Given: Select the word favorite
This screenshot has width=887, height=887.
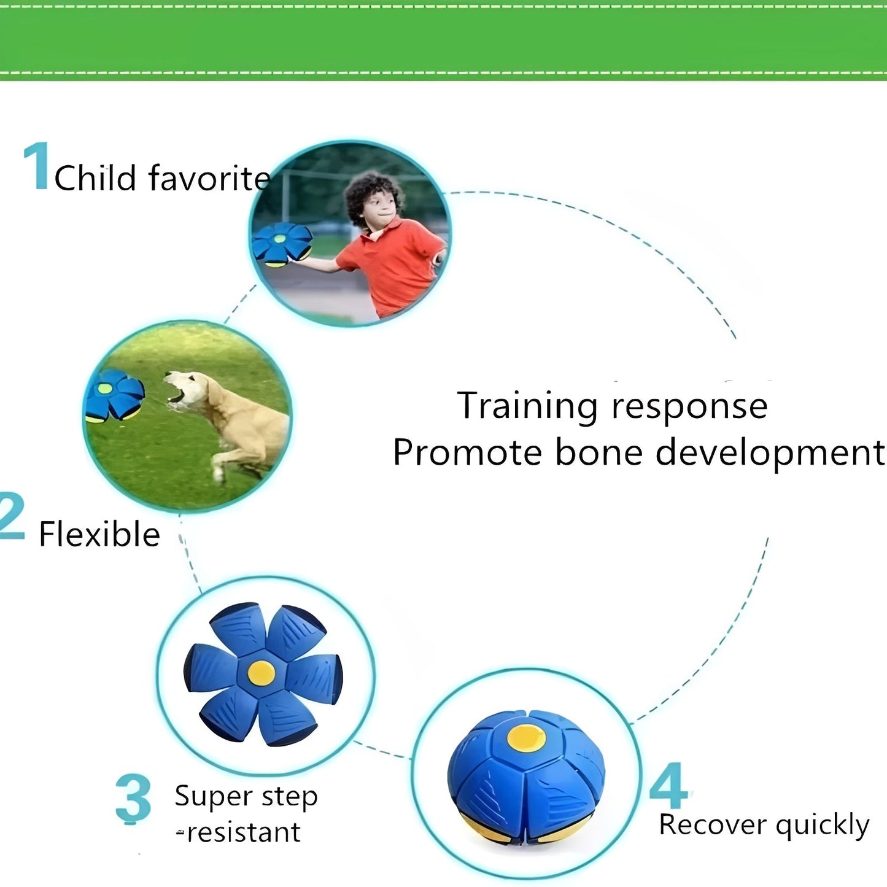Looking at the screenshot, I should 209,178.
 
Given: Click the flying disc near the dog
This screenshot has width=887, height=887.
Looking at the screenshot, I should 114,395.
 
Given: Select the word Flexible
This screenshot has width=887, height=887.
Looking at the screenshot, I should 99,533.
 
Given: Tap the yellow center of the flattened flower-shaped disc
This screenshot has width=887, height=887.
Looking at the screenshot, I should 261,673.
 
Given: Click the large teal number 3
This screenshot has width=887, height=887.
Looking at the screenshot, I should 133,798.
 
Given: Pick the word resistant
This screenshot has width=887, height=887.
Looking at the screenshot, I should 244,832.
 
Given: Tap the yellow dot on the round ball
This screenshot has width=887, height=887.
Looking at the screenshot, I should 526,737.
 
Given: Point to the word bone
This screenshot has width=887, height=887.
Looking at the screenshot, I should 598,452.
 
